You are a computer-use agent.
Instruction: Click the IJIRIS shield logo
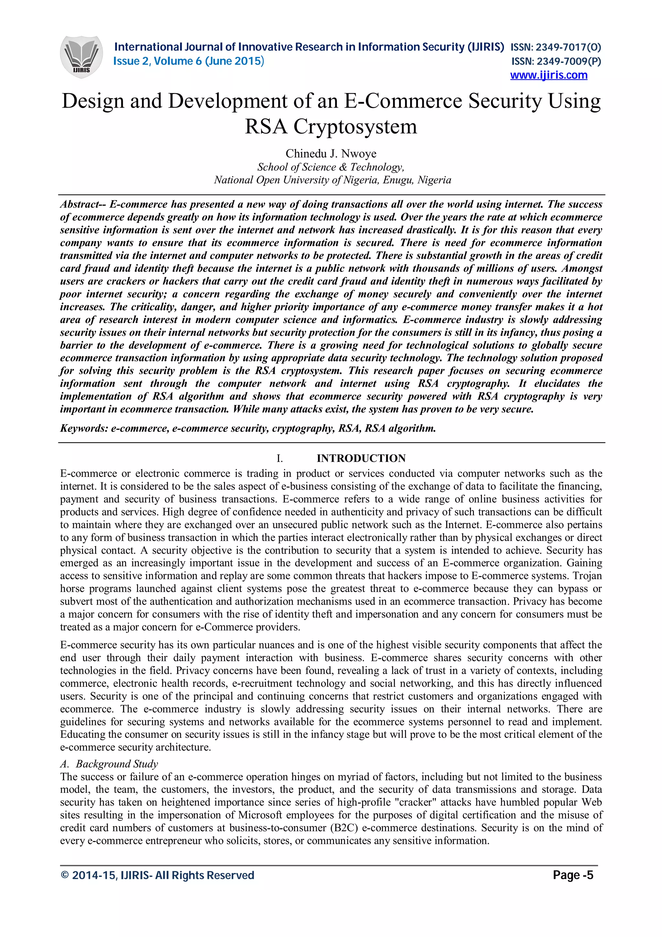tap(81, 57)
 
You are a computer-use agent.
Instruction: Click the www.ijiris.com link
tap(548, 75)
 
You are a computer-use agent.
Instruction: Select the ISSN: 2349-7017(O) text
tap(556, 47)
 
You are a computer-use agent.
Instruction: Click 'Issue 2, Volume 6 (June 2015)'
tap(188, 61)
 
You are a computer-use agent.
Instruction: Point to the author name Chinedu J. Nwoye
tap(331, 154)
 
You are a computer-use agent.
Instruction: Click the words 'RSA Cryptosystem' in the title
tap(331, 126)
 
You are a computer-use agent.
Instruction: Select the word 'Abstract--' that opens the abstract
tap(83, 204)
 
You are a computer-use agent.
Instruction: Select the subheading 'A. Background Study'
tap(109, 764)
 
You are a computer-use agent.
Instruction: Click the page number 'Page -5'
tap(573, 875)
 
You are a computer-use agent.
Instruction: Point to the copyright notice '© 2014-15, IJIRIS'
tap(157, 875)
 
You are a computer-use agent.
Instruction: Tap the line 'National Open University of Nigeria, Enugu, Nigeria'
tap(332, 180)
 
